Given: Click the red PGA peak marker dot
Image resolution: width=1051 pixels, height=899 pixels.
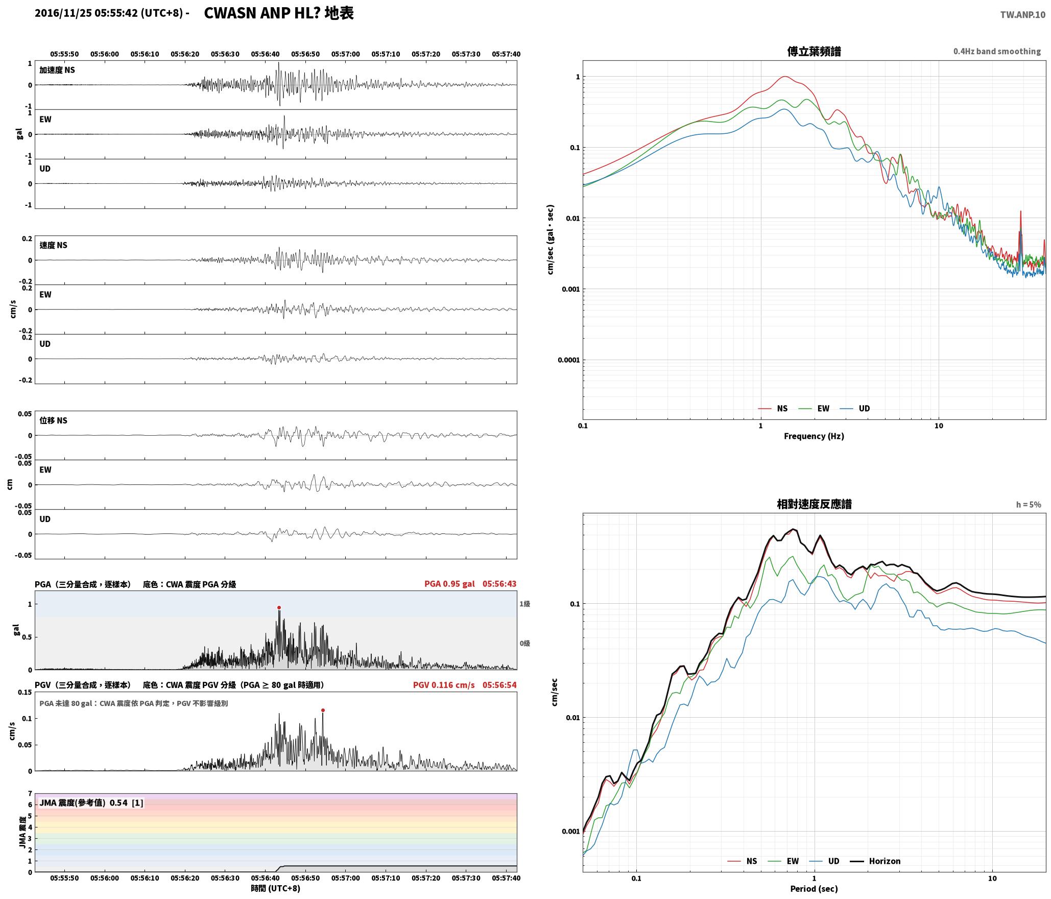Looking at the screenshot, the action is [279, 607].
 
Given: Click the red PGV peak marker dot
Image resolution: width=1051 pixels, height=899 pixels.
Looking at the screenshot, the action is [323, 710].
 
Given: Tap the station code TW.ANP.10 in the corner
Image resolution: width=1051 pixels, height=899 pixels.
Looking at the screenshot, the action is [1022, 15].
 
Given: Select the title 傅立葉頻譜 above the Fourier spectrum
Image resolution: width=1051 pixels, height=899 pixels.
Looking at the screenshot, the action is [814, 52].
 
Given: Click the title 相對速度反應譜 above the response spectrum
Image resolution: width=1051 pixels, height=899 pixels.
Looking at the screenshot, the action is [814, 504].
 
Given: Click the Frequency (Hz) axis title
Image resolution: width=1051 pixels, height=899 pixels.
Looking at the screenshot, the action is [814, 436].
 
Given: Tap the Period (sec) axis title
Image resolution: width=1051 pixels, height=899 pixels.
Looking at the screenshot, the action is [814, 888].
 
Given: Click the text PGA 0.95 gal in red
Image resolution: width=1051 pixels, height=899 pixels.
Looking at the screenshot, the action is [449, 584].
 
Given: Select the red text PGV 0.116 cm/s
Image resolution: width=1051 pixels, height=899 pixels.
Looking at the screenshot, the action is [444, 685].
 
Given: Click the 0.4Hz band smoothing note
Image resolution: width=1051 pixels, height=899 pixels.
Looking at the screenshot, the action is [997, 52].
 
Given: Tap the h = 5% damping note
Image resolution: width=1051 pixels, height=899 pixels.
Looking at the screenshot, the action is [1028, 505].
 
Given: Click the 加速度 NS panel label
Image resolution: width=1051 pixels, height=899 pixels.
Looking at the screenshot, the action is [57, 70].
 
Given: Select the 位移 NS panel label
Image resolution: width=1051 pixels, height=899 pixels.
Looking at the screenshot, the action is [53, 420].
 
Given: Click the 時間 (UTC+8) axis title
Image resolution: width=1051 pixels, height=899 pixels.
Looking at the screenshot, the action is [276, 888].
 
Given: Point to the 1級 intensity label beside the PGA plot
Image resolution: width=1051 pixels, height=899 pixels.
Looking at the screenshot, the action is [525, 604].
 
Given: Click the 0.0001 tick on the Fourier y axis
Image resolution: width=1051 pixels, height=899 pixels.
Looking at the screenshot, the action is [568, 360].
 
